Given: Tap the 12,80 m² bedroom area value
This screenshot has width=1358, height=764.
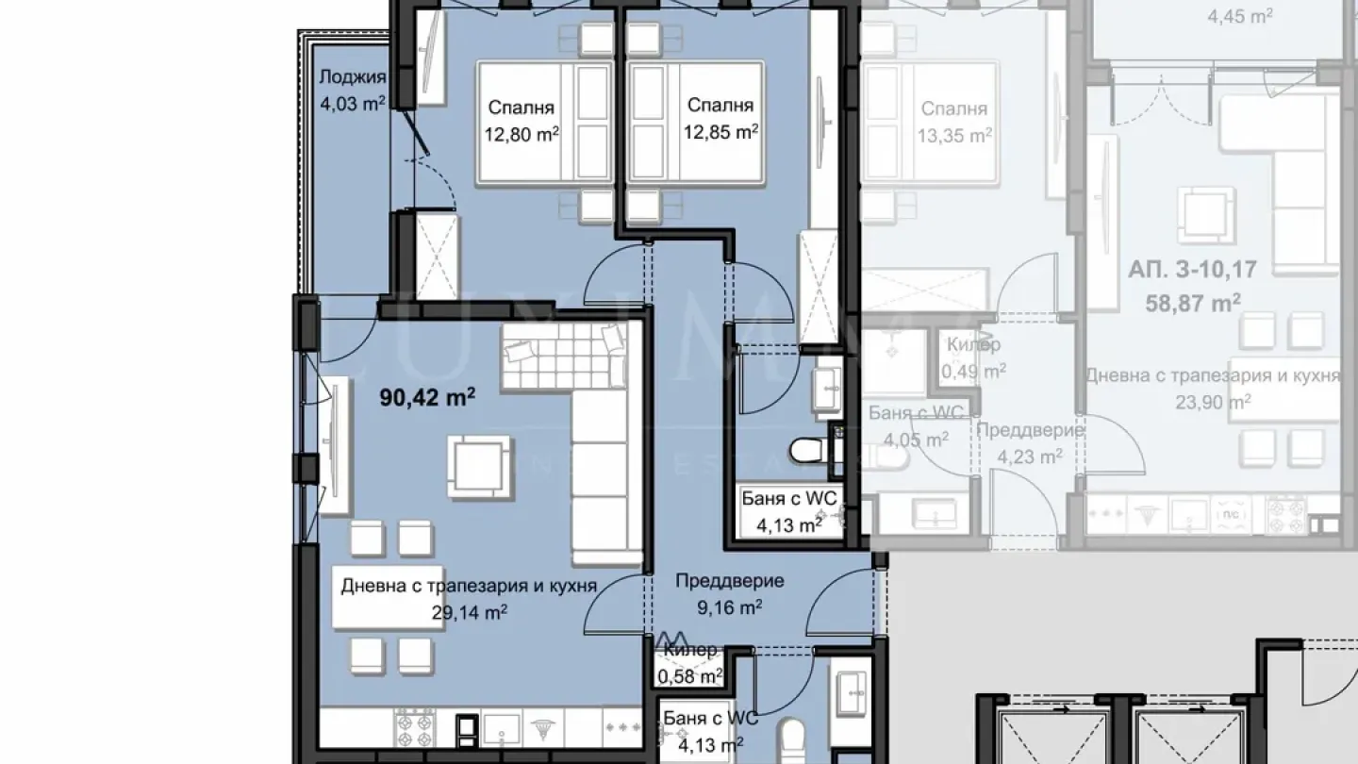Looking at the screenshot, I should click(x=522, y=134).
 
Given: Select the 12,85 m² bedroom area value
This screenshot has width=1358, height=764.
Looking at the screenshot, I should click(x=721, y=132).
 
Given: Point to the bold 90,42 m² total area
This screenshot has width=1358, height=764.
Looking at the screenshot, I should click(x=427, y=398).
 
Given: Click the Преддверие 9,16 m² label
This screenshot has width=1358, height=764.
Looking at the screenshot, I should click(x=729, y=593).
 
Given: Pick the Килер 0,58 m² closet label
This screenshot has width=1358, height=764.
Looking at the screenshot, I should click(x=690, y=664).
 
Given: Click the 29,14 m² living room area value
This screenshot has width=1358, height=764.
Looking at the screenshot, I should click(x=469, y=612).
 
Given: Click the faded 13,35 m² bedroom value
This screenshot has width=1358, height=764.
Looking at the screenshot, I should click(x=954, y=135).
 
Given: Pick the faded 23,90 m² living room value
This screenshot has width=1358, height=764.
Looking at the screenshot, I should click(x=1212, y=400).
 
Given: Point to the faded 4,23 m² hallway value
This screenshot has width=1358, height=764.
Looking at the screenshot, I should click(x=1030, y=455).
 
